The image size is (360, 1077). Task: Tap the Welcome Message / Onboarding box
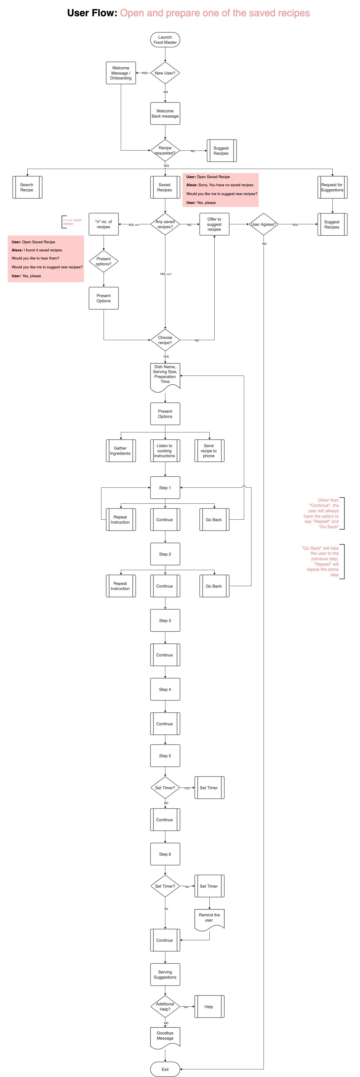pyautogui.click(x=121, y=73)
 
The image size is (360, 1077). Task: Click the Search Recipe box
pyautogui.click(x=27, y=187)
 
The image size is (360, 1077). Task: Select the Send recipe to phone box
pyautogui.click(x=209, y=451)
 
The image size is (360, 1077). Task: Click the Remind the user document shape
pyautogui.click(x=209, y=919)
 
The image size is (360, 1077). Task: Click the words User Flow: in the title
pyautogui.click(x=92, y=13)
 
